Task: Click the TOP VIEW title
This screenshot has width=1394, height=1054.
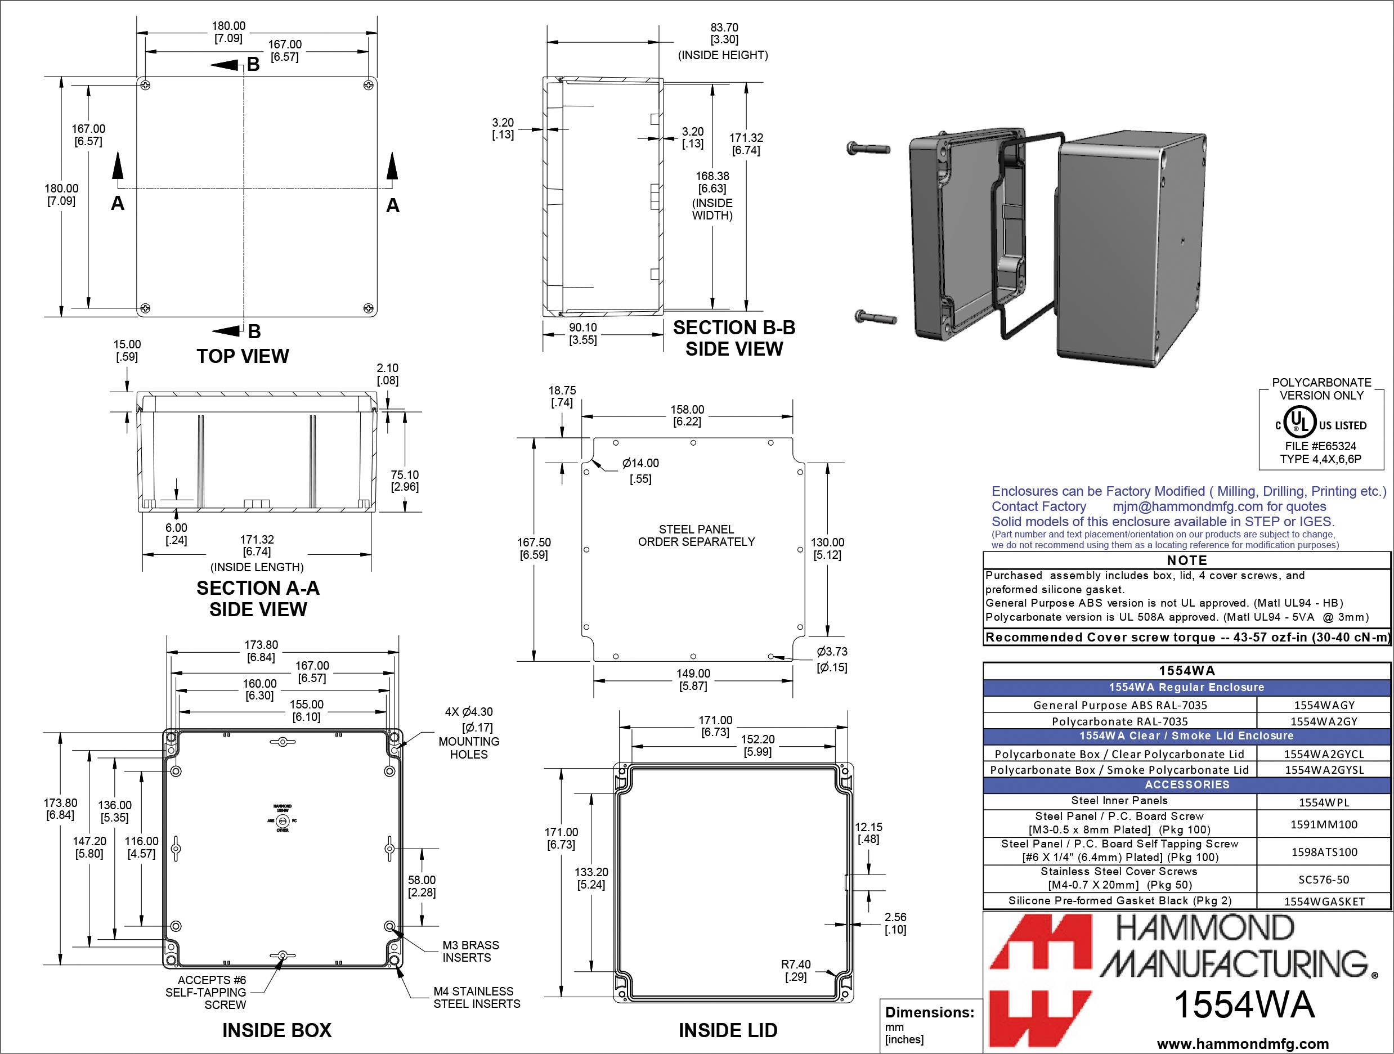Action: point(243,356)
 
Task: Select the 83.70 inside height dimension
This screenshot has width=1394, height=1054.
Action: point(724,33)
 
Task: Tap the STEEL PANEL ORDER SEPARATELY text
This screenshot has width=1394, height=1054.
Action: point(696,536)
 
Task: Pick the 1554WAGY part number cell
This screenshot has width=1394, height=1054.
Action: point(1324,706)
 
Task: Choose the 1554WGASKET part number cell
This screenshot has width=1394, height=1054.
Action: point(1324,901)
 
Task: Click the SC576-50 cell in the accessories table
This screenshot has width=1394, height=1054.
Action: point(1324,879)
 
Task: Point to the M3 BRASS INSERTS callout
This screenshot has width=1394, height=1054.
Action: point(470,952)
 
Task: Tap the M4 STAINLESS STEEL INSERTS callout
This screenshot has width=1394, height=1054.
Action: point(477,997)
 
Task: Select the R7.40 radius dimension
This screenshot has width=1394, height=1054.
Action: point(795,970)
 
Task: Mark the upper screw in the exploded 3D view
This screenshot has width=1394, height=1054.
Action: point(868,149)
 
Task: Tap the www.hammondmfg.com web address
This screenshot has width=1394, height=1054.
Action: point(1243,1043)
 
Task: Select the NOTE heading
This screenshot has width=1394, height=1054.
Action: point(1187,560)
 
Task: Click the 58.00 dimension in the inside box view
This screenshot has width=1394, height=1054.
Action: point(421,886)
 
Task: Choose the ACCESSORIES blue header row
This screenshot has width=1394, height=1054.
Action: point(1187,784)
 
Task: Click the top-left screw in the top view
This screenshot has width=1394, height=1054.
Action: point(146,84)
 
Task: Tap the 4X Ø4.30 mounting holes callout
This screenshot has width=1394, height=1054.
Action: point(468,733)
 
